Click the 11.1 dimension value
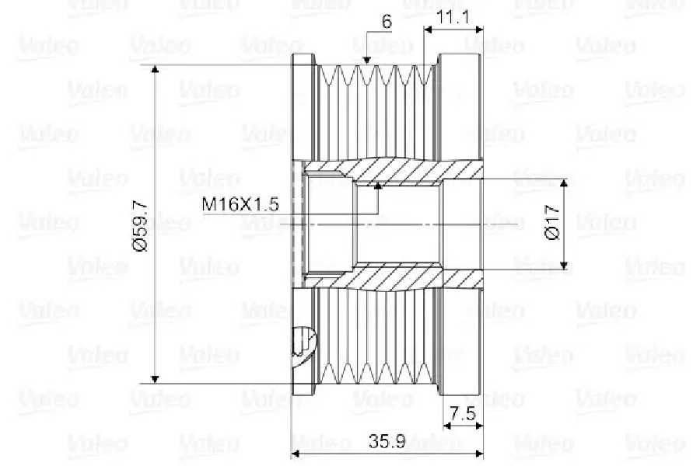453,17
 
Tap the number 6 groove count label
387,22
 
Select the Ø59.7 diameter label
140,225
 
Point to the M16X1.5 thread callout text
240,204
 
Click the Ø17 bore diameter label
553,222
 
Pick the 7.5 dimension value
463,414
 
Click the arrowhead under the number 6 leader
366,61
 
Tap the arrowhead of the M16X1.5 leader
378,186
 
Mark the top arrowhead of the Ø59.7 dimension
155,68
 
